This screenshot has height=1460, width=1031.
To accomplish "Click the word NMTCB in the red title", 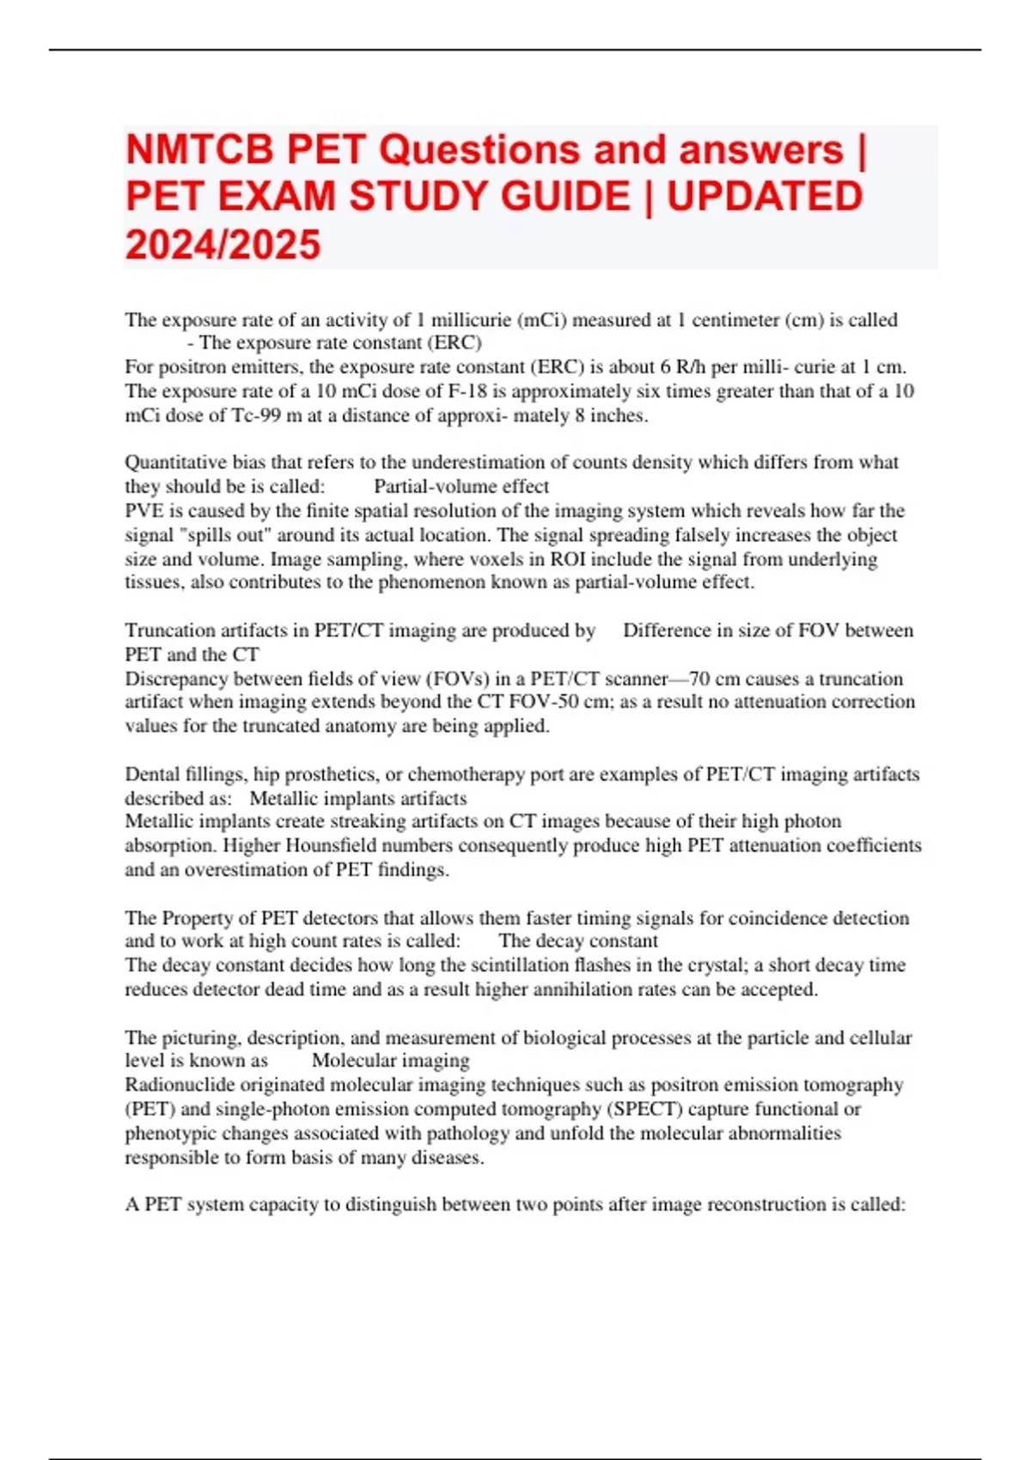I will (x=199, y=150).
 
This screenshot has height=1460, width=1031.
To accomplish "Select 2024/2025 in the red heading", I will (x=223, y=245).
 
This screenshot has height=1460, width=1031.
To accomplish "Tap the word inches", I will (x=619, y=416).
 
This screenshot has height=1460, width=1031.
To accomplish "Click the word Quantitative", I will (x=176, y=463).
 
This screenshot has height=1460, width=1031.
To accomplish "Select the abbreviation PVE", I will (x=143, y=511).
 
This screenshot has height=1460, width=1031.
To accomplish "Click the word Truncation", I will (x=168, y=630).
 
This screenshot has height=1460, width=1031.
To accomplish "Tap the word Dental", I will (x=152, y=775).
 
